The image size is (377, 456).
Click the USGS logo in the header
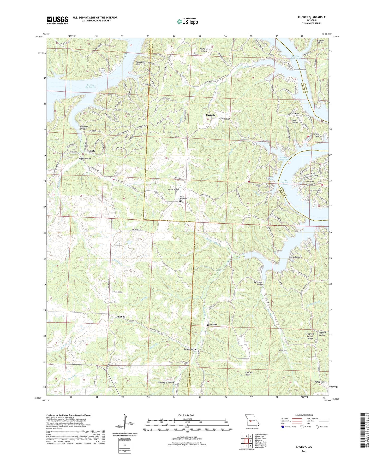click(57, 20)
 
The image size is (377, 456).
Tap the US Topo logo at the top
click(187, 21)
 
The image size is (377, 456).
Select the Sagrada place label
click(211, 115)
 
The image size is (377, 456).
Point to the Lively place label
click(92, 151)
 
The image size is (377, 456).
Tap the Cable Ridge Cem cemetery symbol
click(180, 201)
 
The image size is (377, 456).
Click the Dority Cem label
click(213, 325)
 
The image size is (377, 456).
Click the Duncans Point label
click(300, 70)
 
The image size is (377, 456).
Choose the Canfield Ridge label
click(248, 373)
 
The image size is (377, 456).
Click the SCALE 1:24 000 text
click(185, 415)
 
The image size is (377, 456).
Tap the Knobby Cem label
click(113, 302)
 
